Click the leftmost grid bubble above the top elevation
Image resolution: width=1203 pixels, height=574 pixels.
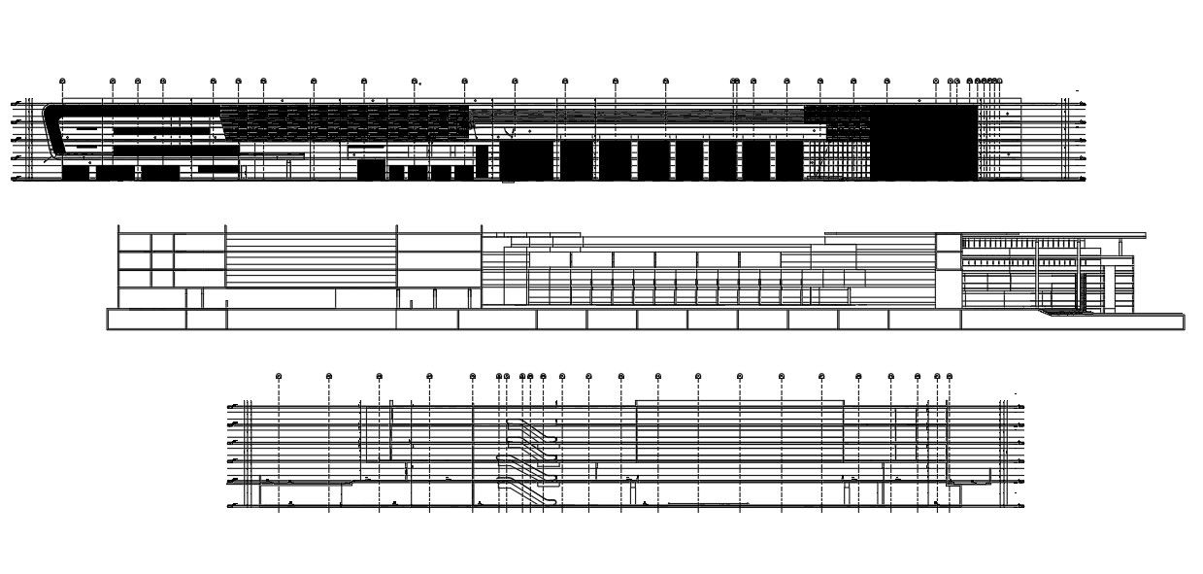click(62, 81)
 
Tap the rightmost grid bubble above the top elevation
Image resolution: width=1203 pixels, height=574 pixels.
click(999, 82)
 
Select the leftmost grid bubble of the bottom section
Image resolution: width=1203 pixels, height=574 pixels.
click(279, 375)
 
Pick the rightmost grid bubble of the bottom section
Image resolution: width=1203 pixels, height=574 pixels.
click(950, 376)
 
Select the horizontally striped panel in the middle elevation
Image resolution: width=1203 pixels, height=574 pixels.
click(311, 257)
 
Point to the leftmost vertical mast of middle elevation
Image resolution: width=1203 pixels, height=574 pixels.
click(118, 267)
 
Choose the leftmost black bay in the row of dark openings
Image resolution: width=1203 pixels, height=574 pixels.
click(525, 160)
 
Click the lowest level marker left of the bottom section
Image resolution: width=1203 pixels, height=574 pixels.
click(233, 506)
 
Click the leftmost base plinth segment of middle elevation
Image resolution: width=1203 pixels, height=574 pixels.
click(147, 320)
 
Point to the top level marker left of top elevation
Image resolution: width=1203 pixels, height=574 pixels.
click(16, 102)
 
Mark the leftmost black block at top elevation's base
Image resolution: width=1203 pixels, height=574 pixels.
click(75, 173)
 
